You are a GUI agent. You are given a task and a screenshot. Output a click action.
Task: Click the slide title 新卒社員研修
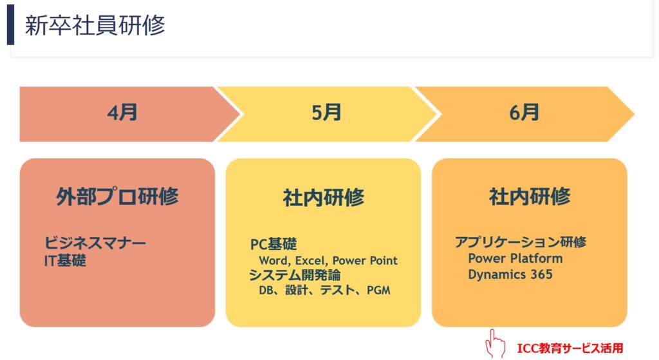[95, 25]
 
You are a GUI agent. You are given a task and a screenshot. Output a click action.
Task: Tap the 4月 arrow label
[122, 113]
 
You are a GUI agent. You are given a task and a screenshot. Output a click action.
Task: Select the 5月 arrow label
[326, 113]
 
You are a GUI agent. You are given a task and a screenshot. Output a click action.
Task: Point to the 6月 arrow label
[524, 113]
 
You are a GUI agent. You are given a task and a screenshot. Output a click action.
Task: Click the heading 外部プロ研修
[117, 196]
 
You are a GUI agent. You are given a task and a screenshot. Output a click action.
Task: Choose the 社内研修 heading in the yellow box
[323, 197]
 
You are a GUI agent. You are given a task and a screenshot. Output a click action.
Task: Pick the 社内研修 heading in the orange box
[530, 196]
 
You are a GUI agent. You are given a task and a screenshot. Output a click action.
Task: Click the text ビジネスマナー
[95, 243]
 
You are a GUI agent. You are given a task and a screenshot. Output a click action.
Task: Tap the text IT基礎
[65, 261]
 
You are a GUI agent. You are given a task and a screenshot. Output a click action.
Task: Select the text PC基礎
[274, 244]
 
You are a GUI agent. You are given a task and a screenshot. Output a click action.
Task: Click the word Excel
[311, 261]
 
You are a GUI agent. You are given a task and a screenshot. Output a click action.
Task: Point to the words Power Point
[365, 261]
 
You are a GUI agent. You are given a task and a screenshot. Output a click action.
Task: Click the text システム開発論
[295, 275]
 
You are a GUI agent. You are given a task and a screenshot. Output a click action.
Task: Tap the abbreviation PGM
[378, 290]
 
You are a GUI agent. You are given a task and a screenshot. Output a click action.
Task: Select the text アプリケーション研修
[520, 242]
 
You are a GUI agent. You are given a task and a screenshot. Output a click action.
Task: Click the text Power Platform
[515, 258]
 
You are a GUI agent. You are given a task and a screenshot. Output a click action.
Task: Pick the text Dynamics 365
[510, 274]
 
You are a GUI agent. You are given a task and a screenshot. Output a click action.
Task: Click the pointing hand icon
[495, 344]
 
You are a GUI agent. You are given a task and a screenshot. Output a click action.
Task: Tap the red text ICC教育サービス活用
[570, 348]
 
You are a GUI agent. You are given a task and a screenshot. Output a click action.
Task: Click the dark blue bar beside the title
[10, 25]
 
